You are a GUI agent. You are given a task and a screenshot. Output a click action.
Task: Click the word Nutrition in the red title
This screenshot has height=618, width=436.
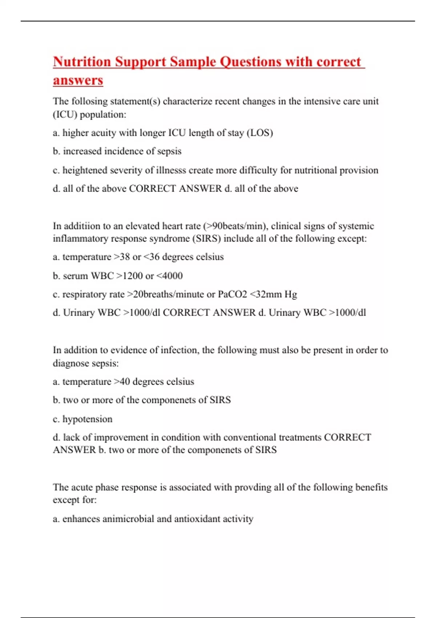(x=82, y=62)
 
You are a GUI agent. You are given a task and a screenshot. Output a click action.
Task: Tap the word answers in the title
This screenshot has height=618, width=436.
(x=78, y=80)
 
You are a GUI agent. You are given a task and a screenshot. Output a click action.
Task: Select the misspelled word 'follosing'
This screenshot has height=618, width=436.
(x=90, y=101)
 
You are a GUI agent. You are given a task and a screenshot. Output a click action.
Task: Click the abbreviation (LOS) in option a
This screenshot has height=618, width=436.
(x=260, y=133)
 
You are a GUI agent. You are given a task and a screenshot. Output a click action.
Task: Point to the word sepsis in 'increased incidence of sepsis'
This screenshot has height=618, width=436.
(x=169, y=151)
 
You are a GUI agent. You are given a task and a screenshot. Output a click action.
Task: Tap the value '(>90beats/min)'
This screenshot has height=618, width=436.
(x=236, y=226)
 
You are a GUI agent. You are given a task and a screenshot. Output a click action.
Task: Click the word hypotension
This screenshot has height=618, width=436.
(x=88, y=419)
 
